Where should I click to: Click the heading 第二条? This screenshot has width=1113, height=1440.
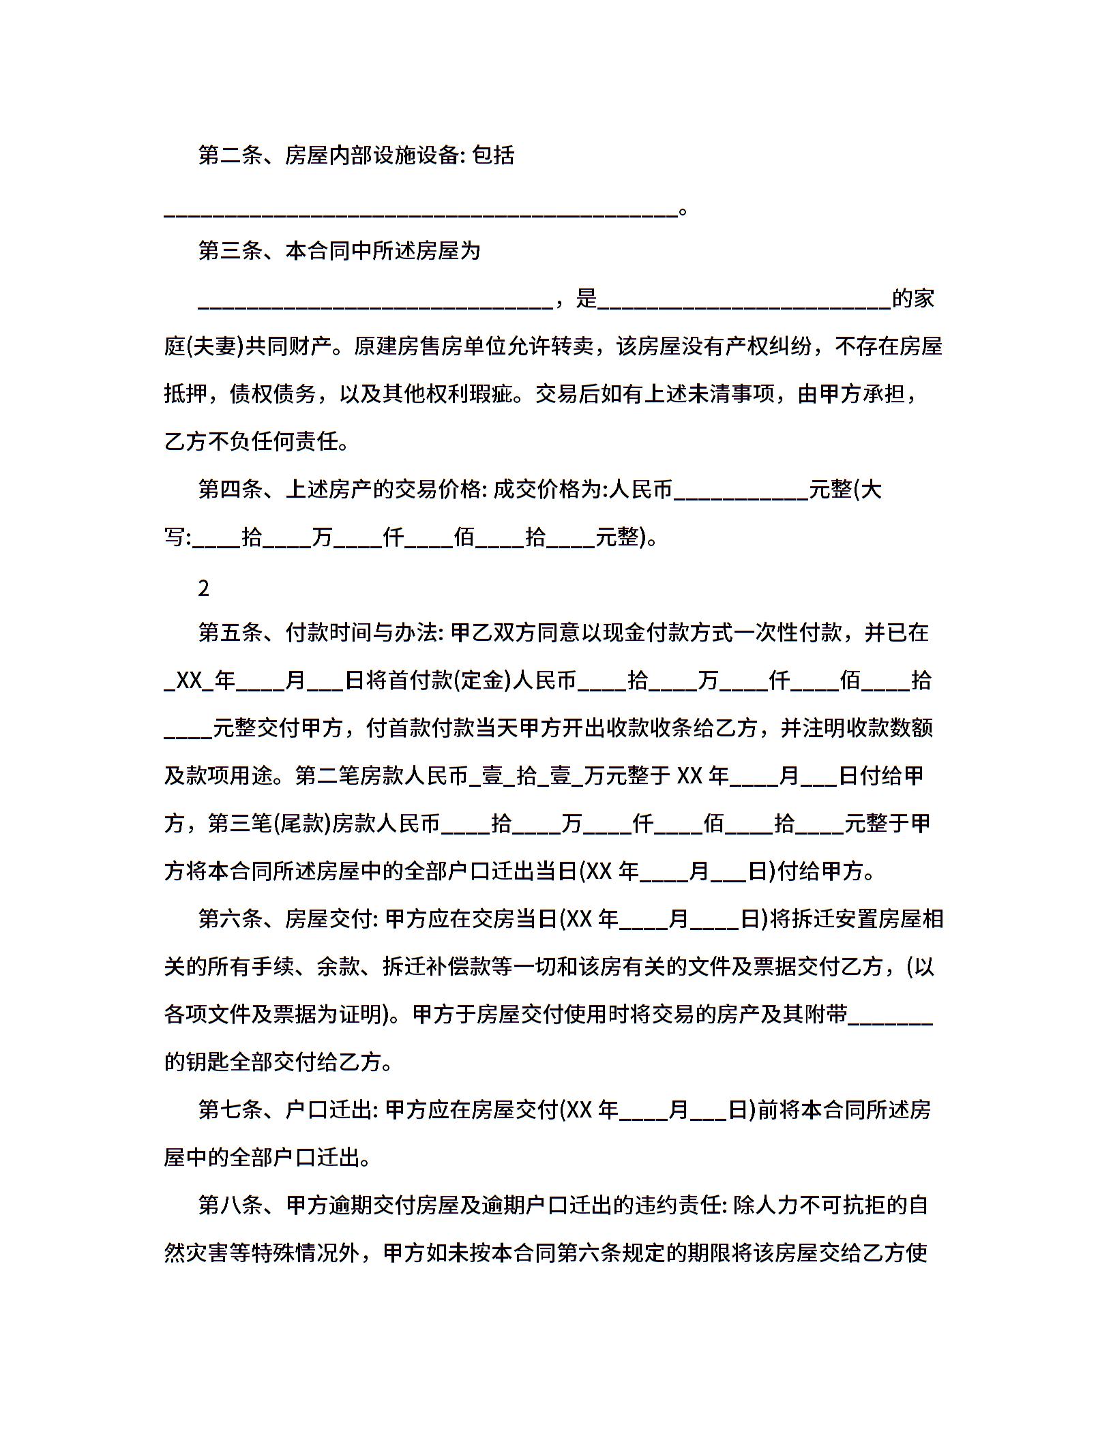[230, 156]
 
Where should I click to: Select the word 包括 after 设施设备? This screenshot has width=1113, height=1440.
[493, 156]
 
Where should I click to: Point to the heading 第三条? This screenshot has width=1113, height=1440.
[230, 252]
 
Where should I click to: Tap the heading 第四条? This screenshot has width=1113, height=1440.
[230, 490]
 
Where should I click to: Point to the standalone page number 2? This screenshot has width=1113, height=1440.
[203, 588]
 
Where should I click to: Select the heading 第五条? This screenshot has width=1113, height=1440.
[230, 633]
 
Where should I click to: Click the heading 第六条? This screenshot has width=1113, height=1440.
[230, 920]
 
